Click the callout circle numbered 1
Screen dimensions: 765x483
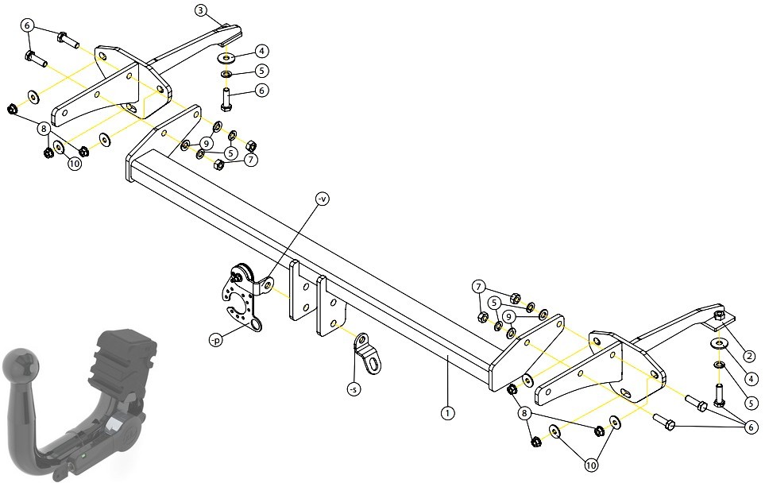click(447, 413)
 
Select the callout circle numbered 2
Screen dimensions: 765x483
click(751, 358)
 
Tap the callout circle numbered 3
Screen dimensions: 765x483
click(201, 10)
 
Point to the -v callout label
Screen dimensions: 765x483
click(322, 199)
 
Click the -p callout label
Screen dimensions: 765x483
click(215, 340)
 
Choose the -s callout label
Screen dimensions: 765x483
click(354, 388)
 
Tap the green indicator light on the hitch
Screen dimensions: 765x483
click(83, 456)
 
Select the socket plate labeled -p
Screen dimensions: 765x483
click(241, 298)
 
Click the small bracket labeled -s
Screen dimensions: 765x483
click(367, 354)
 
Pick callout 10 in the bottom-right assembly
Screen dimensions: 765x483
click(591, 466)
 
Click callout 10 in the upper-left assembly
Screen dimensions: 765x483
click(74, 164)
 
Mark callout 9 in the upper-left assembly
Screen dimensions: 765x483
click(206, 144)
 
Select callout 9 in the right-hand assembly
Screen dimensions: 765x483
click(509, 317)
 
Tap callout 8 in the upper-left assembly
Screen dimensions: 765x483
click(44, 129)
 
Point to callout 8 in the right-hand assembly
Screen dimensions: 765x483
click(524, 414)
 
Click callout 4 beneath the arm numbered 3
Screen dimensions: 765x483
click(261, 51)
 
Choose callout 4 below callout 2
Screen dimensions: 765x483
click(751, 379)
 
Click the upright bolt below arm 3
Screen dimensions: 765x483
click(226, 99)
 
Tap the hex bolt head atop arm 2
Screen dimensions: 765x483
click(720, 315)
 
